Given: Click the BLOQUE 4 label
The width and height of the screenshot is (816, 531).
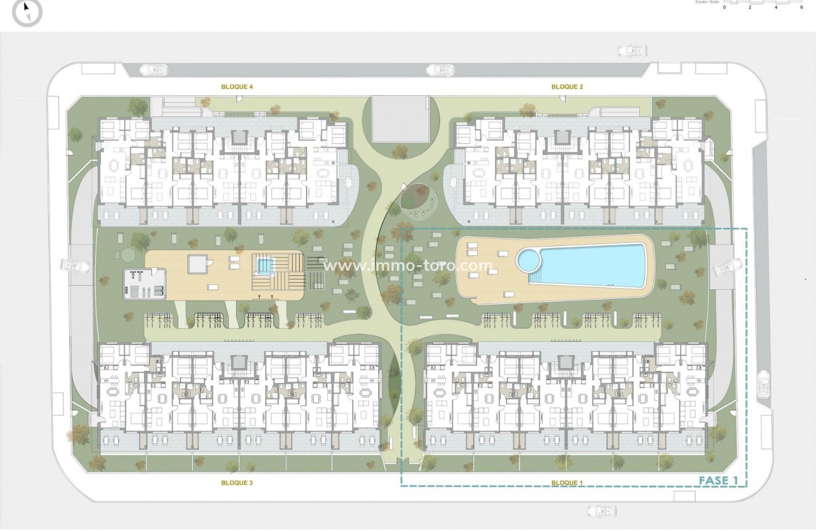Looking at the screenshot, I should [x=237, y=87].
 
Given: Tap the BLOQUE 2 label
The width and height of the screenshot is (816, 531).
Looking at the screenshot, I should [x=567, y=87].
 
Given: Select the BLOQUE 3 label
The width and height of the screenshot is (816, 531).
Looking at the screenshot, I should [x=237, y=483].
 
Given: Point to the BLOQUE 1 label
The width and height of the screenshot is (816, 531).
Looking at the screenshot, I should [x=567, y=483].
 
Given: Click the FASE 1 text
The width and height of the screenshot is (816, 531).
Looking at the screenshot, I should [x=719, y=480].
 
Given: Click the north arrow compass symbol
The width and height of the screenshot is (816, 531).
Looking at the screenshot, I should [x=27, y=12].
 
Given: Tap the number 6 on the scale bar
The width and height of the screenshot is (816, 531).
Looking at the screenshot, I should [x=801, y=7].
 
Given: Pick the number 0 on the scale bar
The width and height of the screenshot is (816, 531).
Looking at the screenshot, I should [x=725, y=7].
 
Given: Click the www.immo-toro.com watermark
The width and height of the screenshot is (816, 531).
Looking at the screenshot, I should [x=409, y=266].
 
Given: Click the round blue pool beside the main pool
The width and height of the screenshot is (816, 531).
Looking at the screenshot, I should [x=529, y=260].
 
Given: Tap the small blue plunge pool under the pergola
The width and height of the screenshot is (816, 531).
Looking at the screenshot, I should [x=265, y=266].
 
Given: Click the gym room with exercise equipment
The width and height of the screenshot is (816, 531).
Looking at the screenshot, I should [x=146, y=284].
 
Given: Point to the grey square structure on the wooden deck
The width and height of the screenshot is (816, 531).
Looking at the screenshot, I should [x=197, y=265].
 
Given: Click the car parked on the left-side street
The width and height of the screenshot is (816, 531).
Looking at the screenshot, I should [x=75, y=265].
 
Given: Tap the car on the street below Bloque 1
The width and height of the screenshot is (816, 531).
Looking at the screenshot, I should [x=601, y=511].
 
